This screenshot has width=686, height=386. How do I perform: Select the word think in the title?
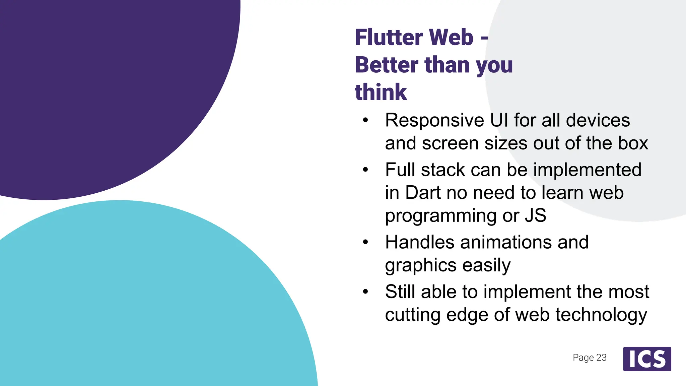381,92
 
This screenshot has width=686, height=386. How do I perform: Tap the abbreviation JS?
535,215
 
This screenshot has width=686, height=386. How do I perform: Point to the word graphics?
421,266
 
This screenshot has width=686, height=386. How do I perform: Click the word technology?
601,315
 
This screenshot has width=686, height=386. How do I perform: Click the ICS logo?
647,359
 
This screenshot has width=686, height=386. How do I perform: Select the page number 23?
601,358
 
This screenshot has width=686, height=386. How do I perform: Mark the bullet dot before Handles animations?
365,242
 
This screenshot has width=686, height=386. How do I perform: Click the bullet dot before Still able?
365,292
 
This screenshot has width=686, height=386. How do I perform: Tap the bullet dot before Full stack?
365,170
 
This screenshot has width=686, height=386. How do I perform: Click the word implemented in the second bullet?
587,170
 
